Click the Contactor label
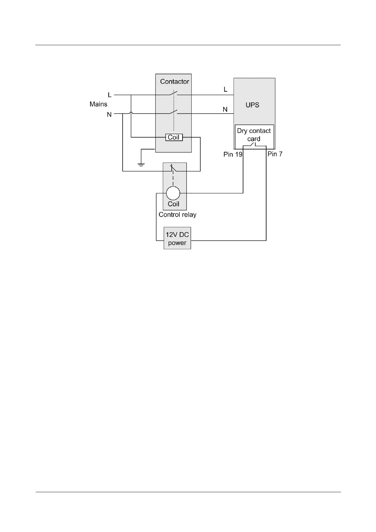(x=174, y=82)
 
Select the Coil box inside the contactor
(x=174, y=137)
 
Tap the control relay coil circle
(x=173, y=193)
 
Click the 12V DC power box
(x=177, y=239)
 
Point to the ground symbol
(x=141, y=164)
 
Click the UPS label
(x=252, y=105)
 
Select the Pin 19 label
(x=233, y=154)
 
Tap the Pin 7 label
(x=275, y=154)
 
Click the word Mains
(x=98, y=104)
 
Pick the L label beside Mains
(x=110, y=95)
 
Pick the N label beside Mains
(x=109, y=114)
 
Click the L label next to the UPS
(x=225, y=90)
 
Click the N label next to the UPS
(x=225, y=110)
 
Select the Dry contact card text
(x=254, y=135)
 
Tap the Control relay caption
(x=177, y=215)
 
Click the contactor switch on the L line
(x=173, y=94)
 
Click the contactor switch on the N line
(x=173, y=112)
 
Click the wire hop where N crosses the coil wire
(x=131, y=113)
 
